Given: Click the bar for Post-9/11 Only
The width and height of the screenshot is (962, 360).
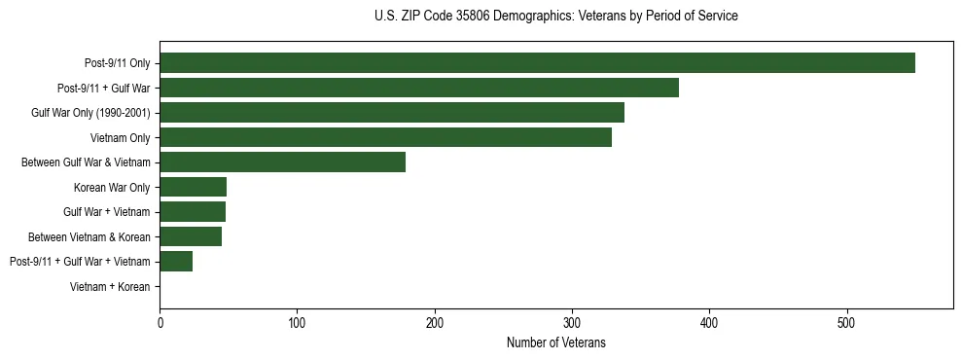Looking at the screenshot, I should click(x=537, y=63).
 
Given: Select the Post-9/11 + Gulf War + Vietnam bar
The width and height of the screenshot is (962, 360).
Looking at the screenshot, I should click(x=176, y=261).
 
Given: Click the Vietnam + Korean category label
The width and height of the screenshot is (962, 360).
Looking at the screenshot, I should click(x=110, y=286).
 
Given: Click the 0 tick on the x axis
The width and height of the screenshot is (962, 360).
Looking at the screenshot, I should click(x=160, y=322).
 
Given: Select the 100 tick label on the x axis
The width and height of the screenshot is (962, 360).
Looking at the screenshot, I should click(x=298, y=322).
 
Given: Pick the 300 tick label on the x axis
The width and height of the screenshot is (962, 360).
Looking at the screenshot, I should click(x=572, y=322).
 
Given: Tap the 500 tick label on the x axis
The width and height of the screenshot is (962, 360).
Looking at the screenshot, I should click(x=847, y=322).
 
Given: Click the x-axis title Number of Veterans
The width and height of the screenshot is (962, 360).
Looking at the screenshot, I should click(x=555, y=342).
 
